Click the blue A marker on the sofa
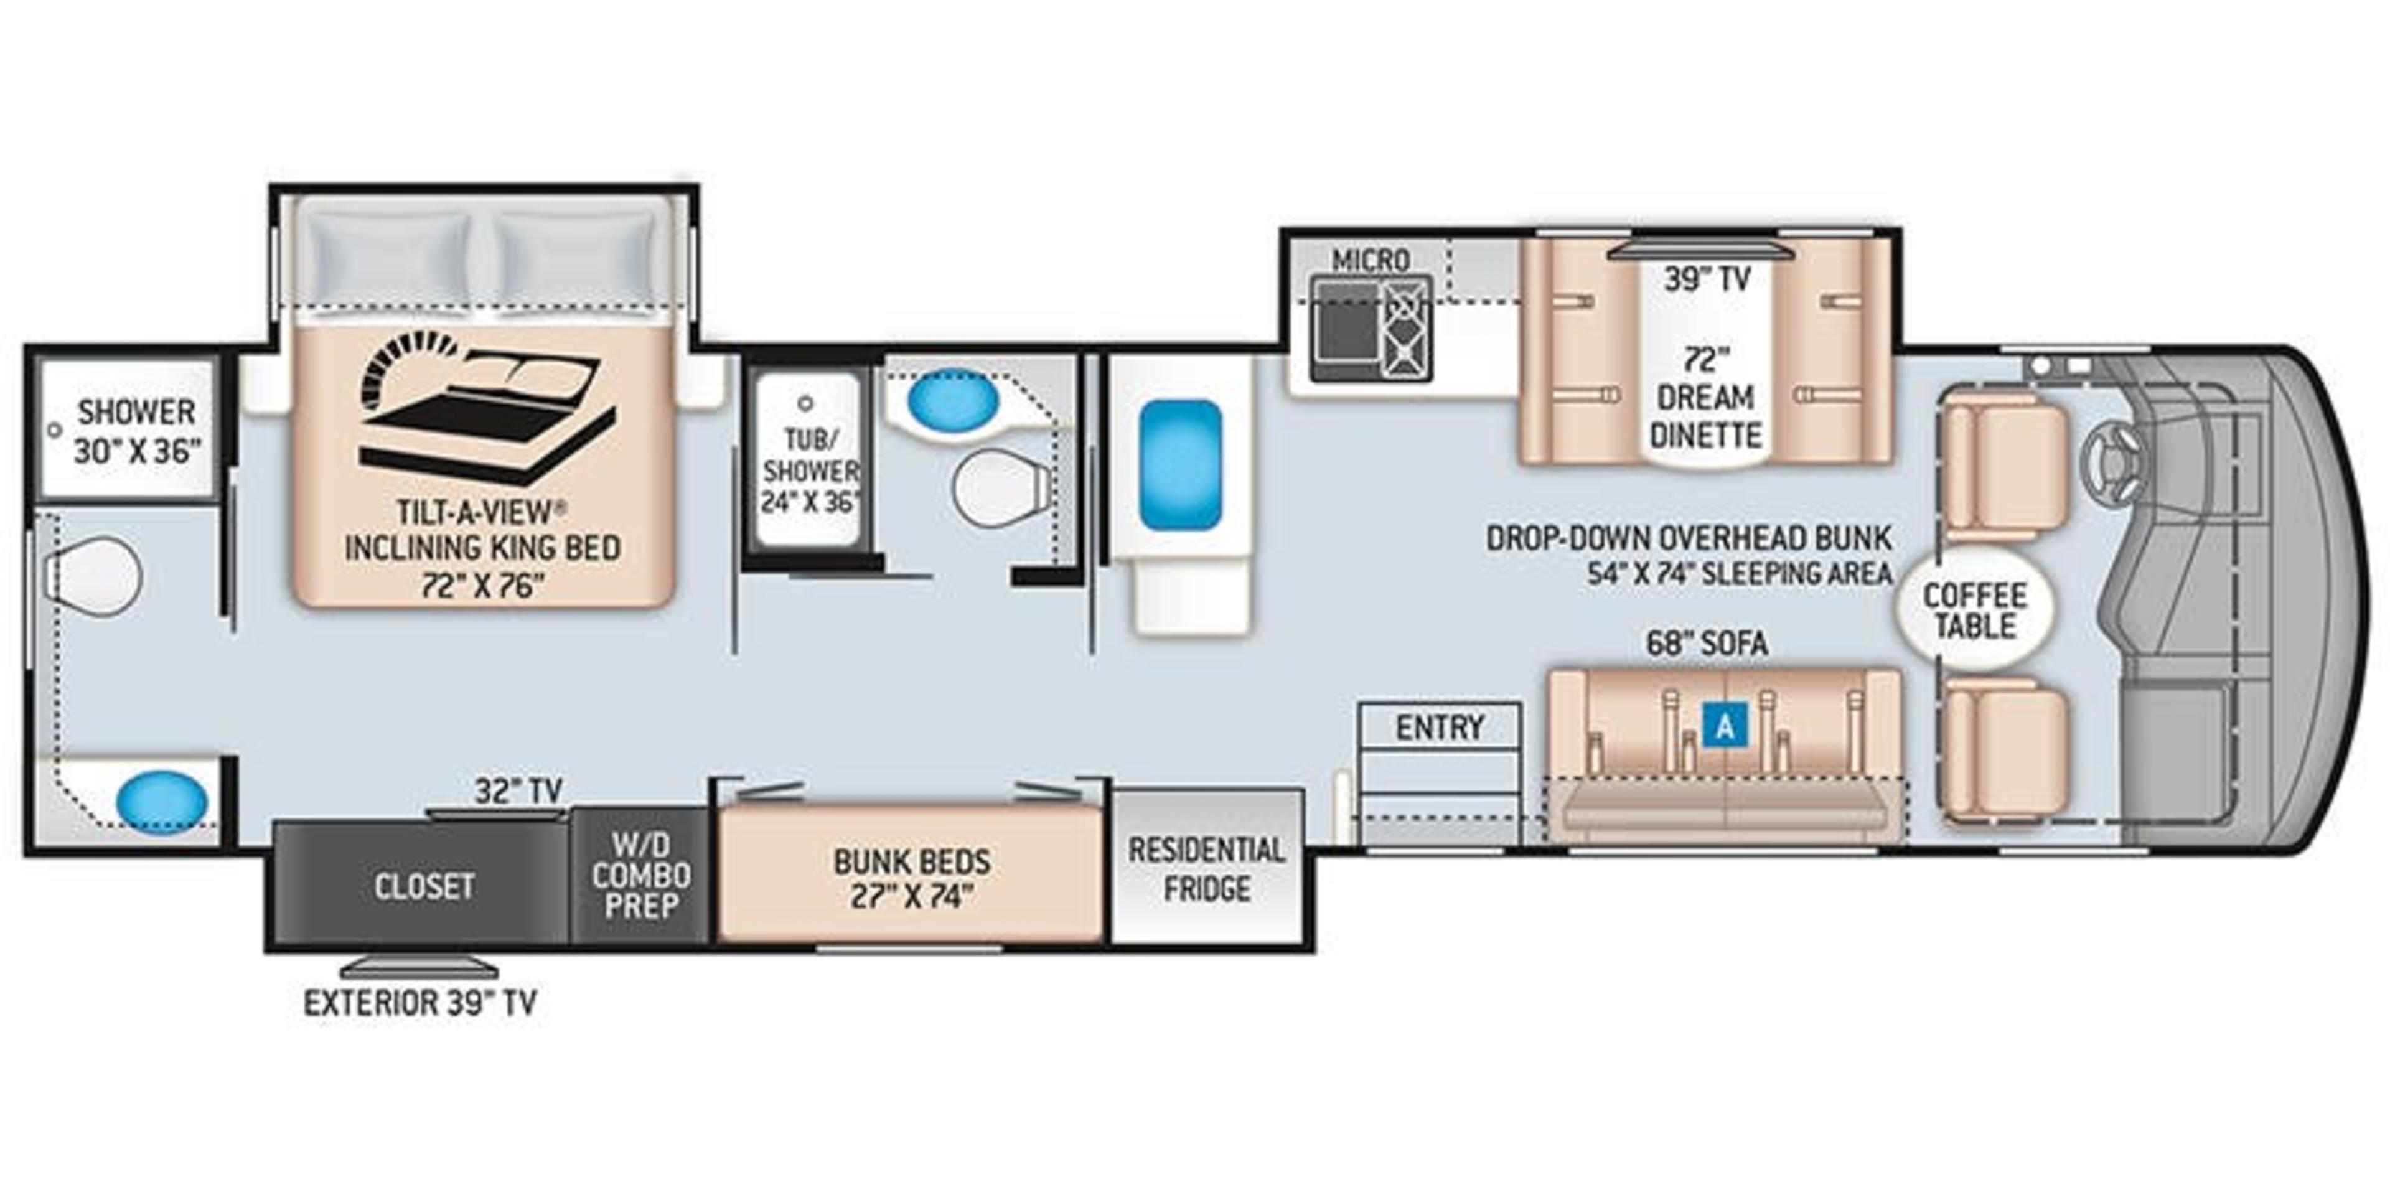1724,726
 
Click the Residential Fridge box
1206,868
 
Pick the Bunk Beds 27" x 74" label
911,878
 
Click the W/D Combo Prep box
640,876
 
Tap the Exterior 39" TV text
420,1003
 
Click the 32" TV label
518,790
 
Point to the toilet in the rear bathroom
93,575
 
